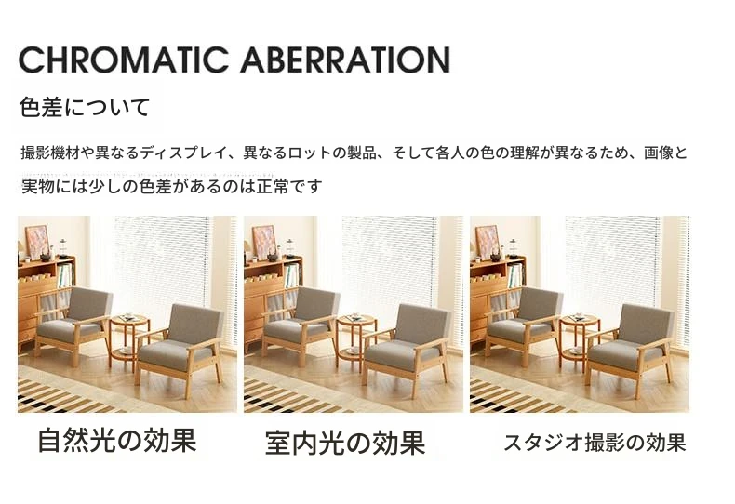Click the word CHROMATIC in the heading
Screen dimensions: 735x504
(123, 60)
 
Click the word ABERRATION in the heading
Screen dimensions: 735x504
(345, 60)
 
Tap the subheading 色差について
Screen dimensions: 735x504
(85, 107)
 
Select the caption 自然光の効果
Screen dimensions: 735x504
(116, 440)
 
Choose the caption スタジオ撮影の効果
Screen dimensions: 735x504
(595, 443)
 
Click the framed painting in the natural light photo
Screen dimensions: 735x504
(37, 242)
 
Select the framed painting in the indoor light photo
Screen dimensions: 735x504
(264, 242)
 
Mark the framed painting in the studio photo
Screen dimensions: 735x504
(488, 242)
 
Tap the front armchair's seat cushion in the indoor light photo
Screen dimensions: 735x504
(400, 352)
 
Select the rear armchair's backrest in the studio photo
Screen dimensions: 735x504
(540, 304)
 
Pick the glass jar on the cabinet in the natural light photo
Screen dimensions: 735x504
(63, 248)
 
